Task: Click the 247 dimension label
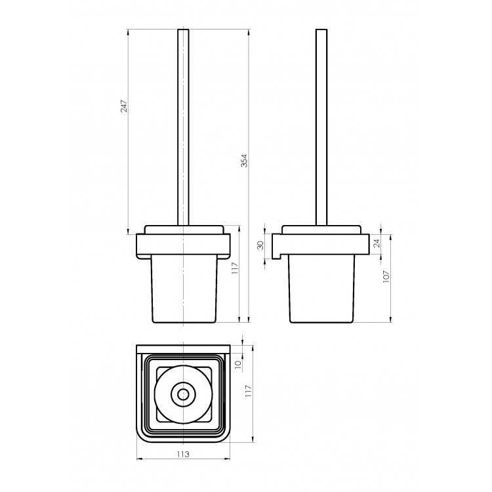pyautogui.click(x=124, y=106)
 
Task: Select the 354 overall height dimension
pyautogui.click(x=245, y=160)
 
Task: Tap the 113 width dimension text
pyautogui.click(x=183, y=454)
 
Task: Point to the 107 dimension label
pyautogui.click(x=386, y=276)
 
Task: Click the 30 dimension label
pyautogui.click(x=260, y=245)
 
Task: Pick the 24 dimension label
pyautogui.click(x=377, y=243)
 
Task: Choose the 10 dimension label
pyautogui.click(x=238, y=364)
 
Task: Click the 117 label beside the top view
pyautogui.click(x=248, y=391)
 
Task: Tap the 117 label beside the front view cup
pyautogui.click(x=235, y=268)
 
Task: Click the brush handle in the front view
pyautogui.click(x=183, y=127)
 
